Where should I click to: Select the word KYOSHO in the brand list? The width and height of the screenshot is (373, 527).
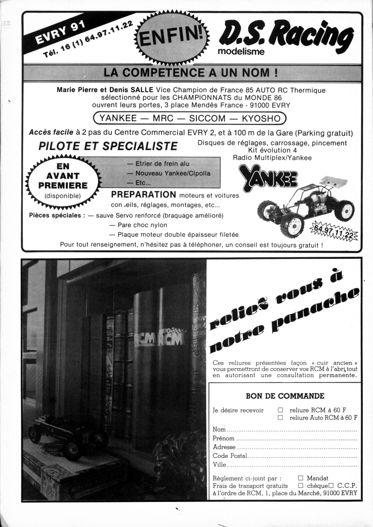coord(261,118)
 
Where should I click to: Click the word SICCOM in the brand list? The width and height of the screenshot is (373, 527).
coord(207,118)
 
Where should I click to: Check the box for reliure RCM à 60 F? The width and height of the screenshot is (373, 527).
coord(281,410)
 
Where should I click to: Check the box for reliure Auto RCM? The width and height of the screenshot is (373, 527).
coord(281,418)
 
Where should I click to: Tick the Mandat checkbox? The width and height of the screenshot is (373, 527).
coord(301,478)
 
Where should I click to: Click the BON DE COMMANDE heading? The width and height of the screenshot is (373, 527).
coord(285,396)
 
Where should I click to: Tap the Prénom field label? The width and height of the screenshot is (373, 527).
coord(223,438)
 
